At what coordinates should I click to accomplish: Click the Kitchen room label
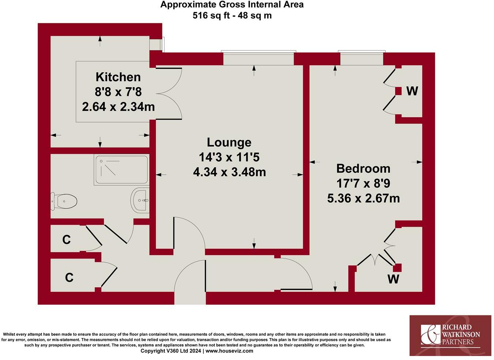coord(118,77)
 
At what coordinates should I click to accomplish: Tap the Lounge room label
coord(229,142)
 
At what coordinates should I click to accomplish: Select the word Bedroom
coord(363,168)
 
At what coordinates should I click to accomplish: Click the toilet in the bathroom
coord(65,201)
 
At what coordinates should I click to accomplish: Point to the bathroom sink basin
coord(140,200)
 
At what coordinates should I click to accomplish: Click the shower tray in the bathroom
coord(121,170)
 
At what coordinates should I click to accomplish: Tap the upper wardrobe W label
coord(412,91)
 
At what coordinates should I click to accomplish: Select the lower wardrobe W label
coord(393,279)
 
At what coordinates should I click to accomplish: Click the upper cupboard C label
coord(66,240)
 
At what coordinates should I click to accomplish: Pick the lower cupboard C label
coord(69,278)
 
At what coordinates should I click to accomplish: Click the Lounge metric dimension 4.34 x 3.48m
coord(229,172)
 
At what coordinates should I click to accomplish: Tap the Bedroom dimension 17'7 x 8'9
coord(363,183)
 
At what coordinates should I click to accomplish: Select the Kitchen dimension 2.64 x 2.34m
coord(118,107)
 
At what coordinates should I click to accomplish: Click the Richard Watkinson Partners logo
coord(450,335)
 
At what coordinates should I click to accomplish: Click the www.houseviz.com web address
coord(229,351)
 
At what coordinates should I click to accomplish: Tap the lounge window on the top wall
coord(259,58)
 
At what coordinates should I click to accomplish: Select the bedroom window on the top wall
coord(361,58)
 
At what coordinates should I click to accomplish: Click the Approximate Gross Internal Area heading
coord(232,5)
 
